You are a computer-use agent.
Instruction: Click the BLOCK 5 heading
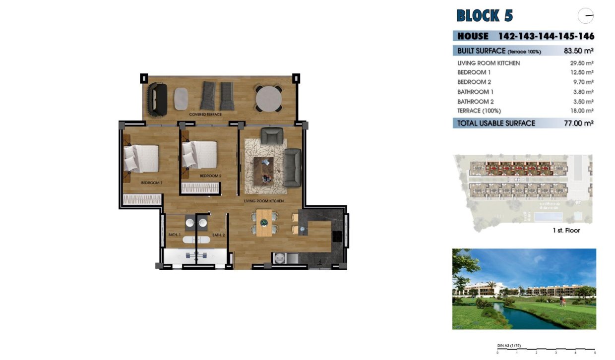pos(485,16)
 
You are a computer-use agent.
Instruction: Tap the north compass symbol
pos(586,16)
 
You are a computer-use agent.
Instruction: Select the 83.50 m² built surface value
pos(579,51)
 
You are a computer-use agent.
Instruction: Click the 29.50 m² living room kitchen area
pos(582,63)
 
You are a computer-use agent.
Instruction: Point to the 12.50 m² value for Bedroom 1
pos(582,72)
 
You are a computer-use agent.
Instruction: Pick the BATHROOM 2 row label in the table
pos(475,101)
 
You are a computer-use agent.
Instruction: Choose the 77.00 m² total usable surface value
pos(579,123)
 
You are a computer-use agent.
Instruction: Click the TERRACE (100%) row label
pos(479,111)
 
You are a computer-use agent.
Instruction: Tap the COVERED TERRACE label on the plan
pos(205,115)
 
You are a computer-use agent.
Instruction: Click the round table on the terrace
pos(268,99)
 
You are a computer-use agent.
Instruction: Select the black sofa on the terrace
pos(159,99)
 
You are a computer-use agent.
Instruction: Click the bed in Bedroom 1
pos(141,158)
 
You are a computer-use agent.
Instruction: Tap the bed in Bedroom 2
pos(199,154)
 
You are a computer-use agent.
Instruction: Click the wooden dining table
pos(265,222)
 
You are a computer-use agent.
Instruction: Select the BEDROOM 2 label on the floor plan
pos(210,176)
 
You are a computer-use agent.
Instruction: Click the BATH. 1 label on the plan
pos(174,235)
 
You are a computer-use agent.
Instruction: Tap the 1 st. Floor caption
pos(566,231)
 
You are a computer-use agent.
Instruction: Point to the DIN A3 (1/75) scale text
pos(509,346)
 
